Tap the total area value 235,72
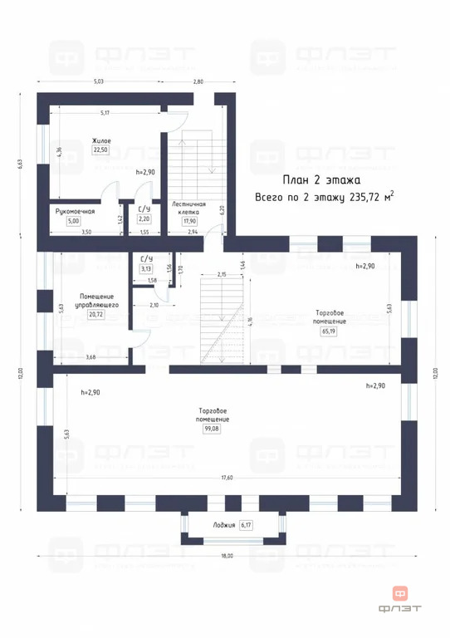pyautogui.click(x=361, y=197)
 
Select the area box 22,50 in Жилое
pyautogui.click(x=101, y=150)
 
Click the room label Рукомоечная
pyautogui.click(x=75, y=211)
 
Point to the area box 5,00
pyautogui.click(x=74, y=222)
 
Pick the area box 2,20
pyautogui.click(x=144, y=219)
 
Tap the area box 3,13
pyautogui.click(x=146, y=269)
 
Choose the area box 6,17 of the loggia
pyautogui.click(x=245, y=525)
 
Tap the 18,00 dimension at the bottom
pyautogui.click(x=226, y=556)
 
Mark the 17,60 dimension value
pyautogui.click(x=226, y=478)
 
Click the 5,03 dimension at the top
pyautogui.click(x=98, y=81)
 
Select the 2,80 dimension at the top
pyautogui.click(x=198, y=81)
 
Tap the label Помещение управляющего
pyautogui.click(x=96, y=301)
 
